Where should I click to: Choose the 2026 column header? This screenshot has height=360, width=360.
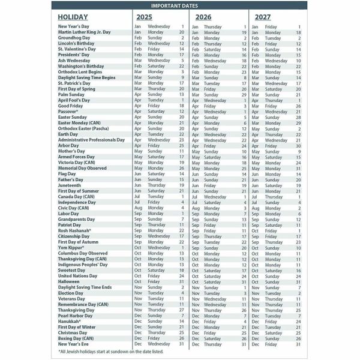pyautogui.click(x=204, y=17)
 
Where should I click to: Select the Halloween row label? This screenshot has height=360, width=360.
pyautogui.click(x=69, y=281)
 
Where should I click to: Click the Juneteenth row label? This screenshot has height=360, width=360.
pyautogui.click(x=71, y=185)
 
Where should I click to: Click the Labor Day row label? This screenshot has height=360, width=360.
pyautogui.click(x=68, y=214)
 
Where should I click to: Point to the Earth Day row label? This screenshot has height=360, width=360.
pyautogui.click(x=68, y=134)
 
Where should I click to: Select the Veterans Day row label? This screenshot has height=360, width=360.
pyautogui.click(x=72, y=298)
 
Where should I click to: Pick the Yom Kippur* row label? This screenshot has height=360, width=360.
pyautogui.click(x=73, y=247)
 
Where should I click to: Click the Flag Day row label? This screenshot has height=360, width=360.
pyautogui.click(x=68, y=174)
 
